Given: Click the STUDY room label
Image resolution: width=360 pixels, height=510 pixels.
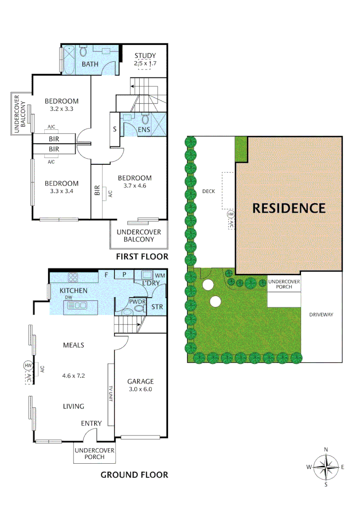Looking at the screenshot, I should pos(144,56).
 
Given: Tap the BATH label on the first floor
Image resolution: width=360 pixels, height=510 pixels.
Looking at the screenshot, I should pos(90,64).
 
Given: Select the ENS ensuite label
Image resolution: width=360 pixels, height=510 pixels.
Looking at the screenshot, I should pos(144,129).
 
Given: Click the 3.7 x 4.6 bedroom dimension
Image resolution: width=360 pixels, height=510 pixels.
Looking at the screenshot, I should pos(134,186).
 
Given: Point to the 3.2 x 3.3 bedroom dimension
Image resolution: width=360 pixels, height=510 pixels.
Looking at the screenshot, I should pos(61,109).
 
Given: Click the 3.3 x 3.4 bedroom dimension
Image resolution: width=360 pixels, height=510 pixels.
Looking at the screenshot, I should pos(61,191).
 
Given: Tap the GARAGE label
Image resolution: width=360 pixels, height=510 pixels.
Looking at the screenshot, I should pos(141,382).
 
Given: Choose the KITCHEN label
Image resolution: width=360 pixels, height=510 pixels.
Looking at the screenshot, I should pos(73,290).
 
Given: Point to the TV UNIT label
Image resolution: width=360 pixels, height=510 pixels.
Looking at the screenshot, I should pos(111,393).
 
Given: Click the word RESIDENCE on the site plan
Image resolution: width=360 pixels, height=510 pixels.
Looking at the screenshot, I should pos(288,208).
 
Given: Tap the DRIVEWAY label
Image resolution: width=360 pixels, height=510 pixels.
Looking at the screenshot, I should pos(321,314).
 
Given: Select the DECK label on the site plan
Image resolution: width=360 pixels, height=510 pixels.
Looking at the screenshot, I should pos(208,191).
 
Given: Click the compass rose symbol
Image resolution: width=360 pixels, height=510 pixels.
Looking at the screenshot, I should pos(326,467).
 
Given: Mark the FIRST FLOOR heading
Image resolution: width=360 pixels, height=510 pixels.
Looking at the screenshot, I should pos(142,257).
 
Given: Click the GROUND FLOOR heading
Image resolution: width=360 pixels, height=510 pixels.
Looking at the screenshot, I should pos(134,475).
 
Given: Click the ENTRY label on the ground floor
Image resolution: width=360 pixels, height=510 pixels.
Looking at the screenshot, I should pos(91,423).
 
